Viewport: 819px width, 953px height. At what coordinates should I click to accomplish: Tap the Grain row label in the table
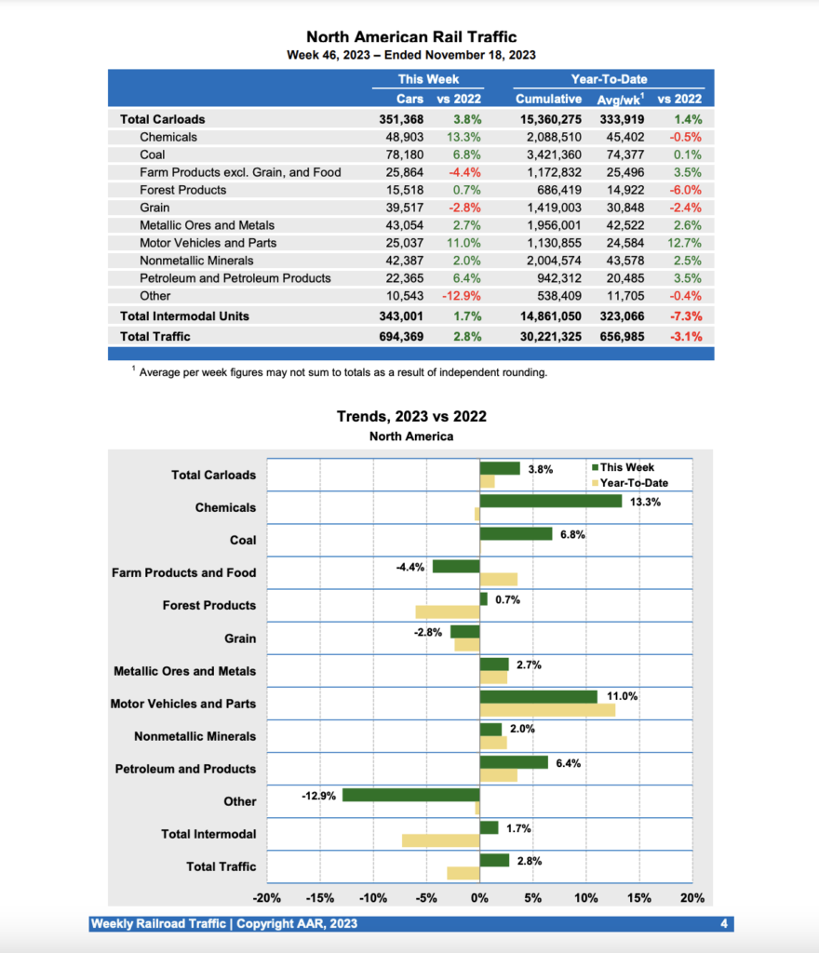pyautogui.click(x=154, y=208)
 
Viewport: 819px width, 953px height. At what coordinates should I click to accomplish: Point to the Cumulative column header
pyautogui.click(x=548, y=99)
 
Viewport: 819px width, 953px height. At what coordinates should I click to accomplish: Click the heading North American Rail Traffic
pyautogui.click(x=411, y=37)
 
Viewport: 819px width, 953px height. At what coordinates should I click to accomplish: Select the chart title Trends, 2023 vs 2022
pyautogui.click(x=411, y=417)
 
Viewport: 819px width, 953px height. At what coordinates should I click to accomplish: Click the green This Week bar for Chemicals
pyautogui.click(x=550, y=501)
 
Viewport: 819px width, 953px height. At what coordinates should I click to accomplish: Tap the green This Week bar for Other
pyautogui.click(x=410, y=795)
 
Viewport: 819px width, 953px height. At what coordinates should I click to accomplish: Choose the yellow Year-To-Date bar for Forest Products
pyautogui.click(x=447, y=611)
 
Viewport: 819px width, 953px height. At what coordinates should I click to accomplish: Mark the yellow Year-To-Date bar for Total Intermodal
pyautogui.click(x=440, y=840)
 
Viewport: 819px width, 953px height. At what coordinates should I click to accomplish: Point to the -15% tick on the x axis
pyautogui.click(x=320, y=898)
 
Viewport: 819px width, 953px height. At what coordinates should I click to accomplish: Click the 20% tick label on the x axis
pyautogui.click(x=692, y=898)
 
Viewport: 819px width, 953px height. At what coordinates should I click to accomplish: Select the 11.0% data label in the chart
pyautogui.click(x=623, y=696)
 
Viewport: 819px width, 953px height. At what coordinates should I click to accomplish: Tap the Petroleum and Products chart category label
pyautogui.click(x=185, y=769)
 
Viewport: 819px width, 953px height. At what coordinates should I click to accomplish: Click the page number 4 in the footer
pyautogui.click(x=724, y=924)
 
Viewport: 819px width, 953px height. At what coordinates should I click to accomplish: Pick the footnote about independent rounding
pyautogui.click(x=342, y=372)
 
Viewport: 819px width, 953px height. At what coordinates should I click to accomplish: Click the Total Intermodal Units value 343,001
pyautogui.click(x=399, y=316)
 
